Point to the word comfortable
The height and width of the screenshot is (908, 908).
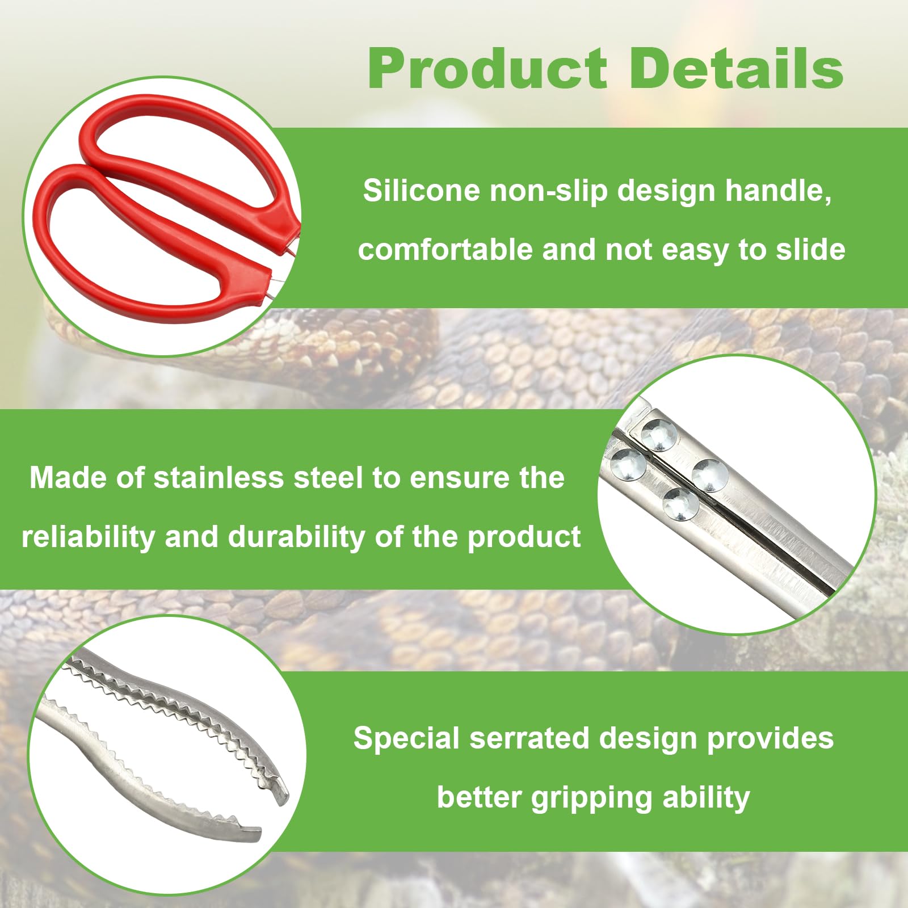445,250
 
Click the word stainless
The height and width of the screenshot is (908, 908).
218,478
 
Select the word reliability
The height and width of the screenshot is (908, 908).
88,537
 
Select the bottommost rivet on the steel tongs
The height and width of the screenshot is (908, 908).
681,503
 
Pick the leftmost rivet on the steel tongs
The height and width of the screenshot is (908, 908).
628,464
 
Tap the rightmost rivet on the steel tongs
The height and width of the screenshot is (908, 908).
710,474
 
